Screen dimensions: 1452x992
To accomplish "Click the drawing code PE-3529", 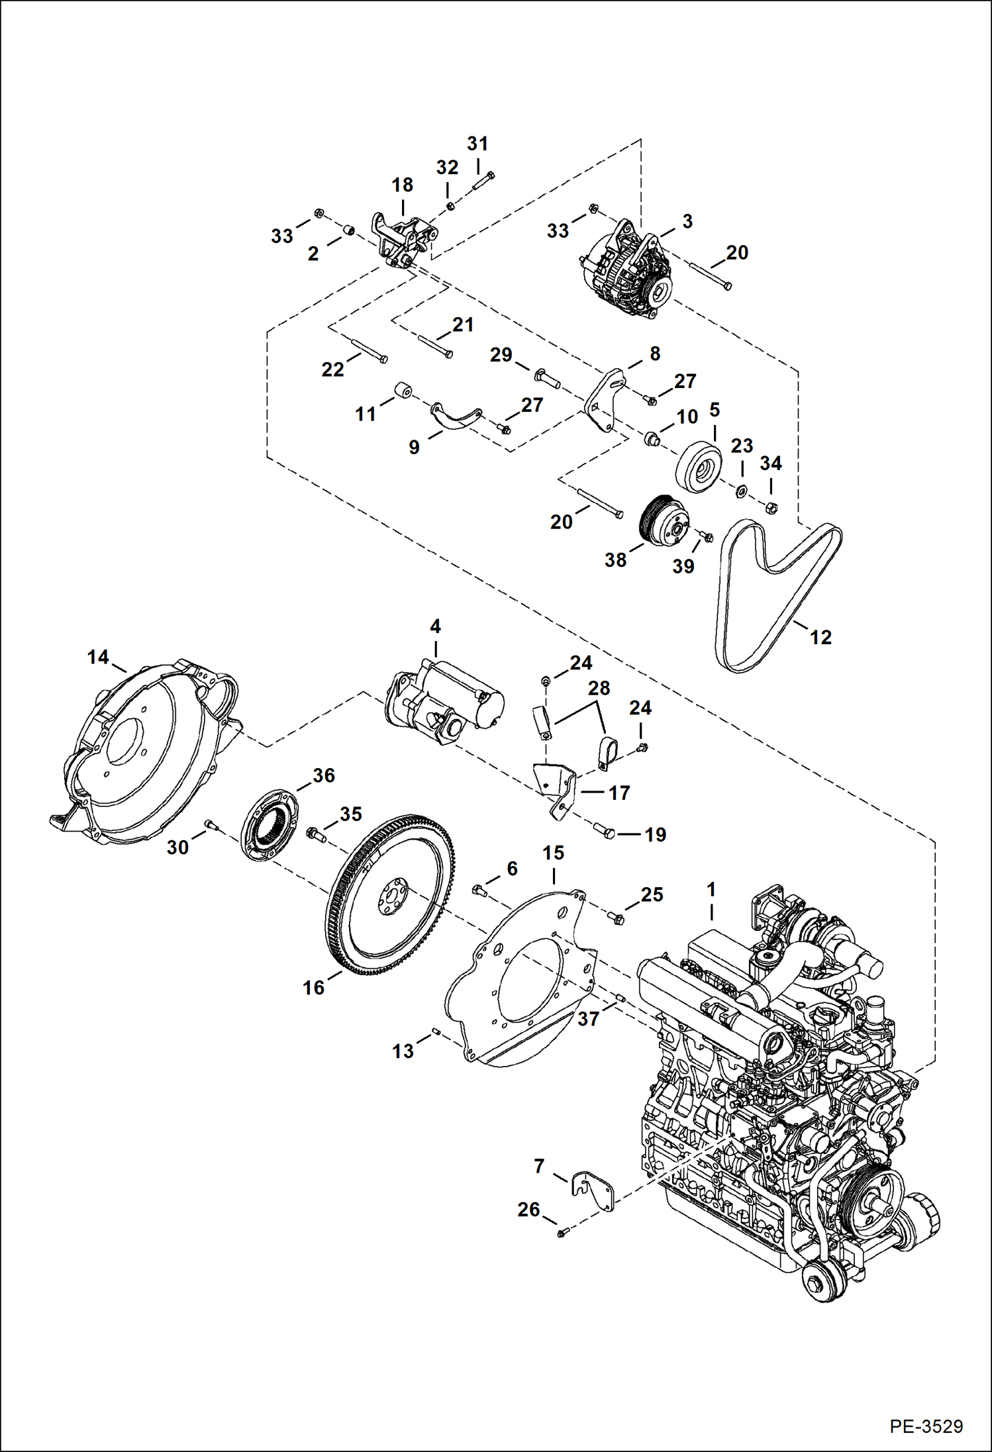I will click(x=926, y=1426).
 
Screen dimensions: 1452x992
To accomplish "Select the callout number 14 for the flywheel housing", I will click(x=97, y=657).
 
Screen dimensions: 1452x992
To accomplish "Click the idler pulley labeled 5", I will click(x=699, y=466).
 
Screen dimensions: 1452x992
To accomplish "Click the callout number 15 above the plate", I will click(x=553, y=853).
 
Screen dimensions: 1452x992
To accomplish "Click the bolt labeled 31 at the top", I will click(x=483, y=183).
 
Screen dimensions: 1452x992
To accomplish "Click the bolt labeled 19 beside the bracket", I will click(x=605, y=830).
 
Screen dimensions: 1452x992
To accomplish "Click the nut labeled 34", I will click(x=771, y=508).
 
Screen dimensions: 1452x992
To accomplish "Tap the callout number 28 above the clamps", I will click(x=599, y=688).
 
